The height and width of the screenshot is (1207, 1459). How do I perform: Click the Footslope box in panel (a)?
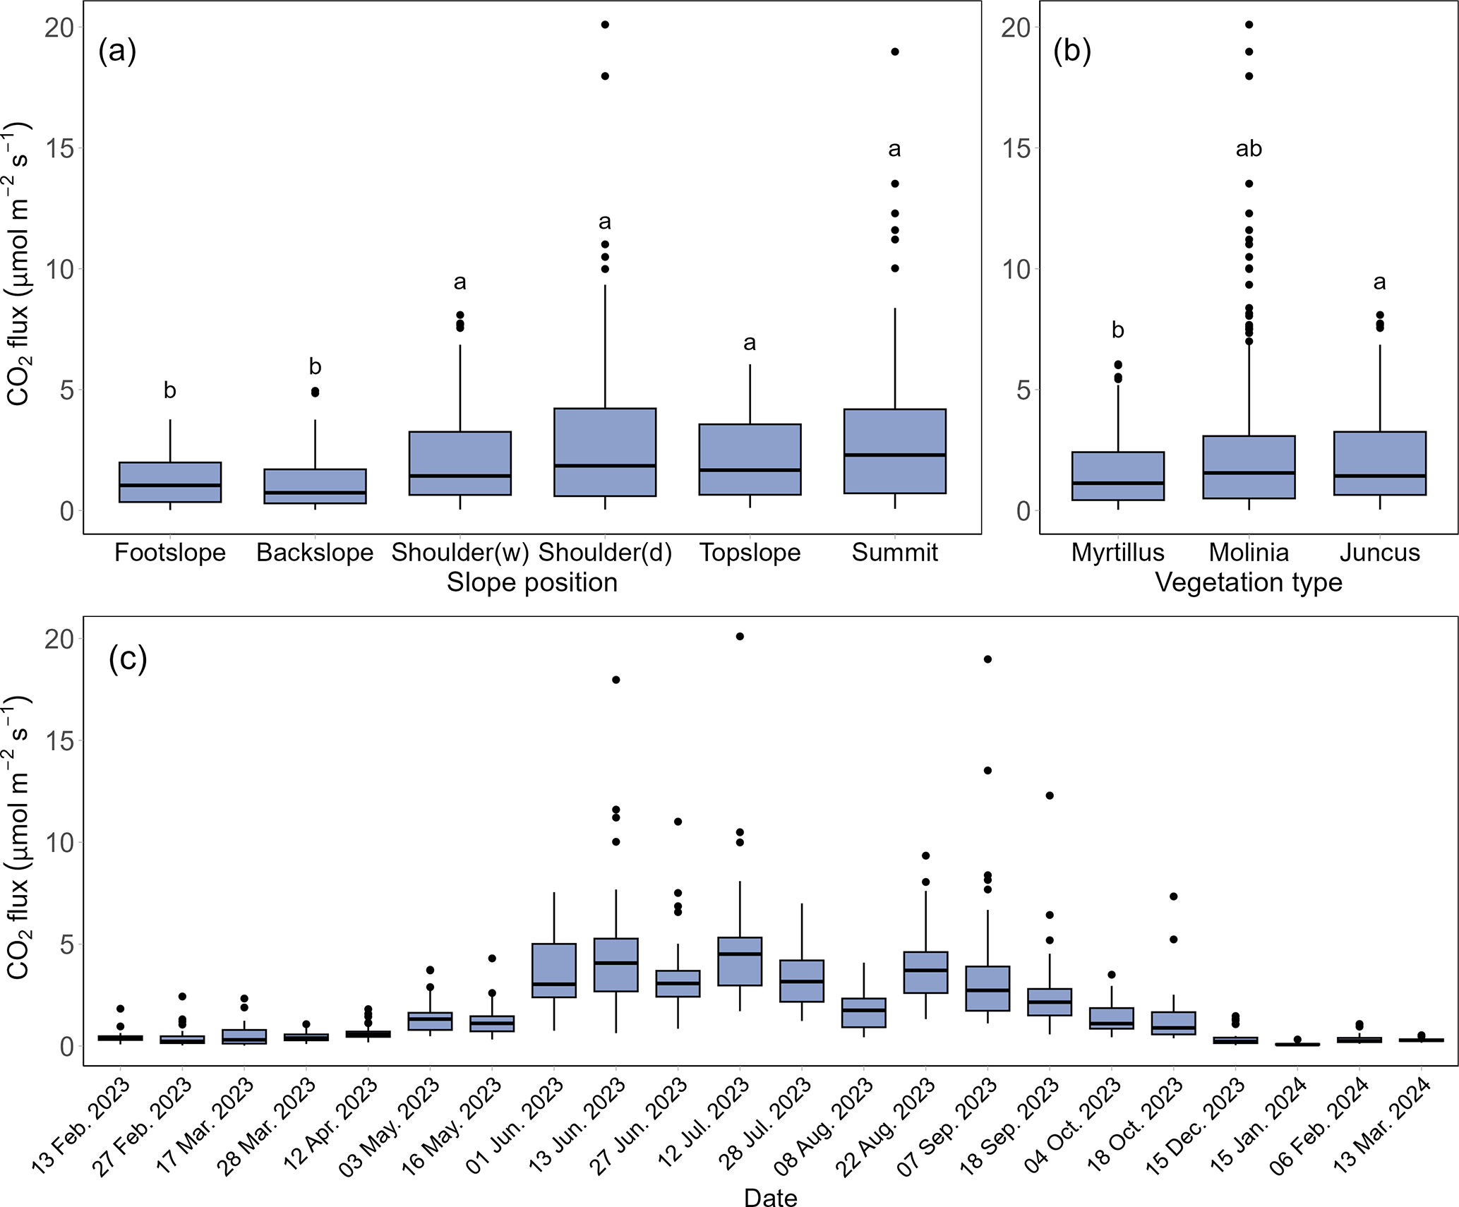click(170, 482)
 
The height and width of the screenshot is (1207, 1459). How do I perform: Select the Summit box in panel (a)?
click(894, 451)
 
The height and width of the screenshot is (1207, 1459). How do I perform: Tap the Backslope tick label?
click(315, 553)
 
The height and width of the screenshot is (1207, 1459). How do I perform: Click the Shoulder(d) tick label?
click(605, 553)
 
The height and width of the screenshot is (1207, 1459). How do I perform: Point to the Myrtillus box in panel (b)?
click(1118, 476)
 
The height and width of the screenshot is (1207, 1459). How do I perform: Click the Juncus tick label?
click(1380, 553)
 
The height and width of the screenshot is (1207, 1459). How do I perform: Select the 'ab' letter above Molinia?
click(1249, 149)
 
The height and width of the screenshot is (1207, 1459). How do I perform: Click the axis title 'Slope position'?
click(532, 583)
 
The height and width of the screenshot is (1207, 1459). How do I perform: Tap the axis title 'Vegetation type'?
click(1249, 583)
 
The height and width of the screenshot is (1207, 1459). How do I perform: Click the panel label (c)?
click(128, 659)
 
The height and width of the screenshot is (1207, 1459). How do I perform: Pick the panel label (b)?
click(1071, 51)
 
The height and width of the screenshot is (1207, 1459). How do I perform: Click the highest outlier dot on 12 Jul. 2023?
click(740, 637)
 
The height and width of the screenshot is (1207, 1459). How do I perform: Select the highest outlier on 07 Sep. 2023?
click(987, 659)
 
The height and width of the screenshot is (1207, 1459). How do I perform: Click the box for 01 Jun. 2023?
click(554, 971)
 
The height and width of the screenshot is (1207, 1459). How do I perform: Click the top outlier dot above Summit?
click(895, 52)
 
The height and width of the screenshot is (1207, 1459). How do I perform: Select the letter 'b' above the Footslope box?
click(170, 390)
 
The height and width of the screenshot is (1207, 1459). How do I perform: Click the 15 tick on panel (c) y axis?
click(59, 740)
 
